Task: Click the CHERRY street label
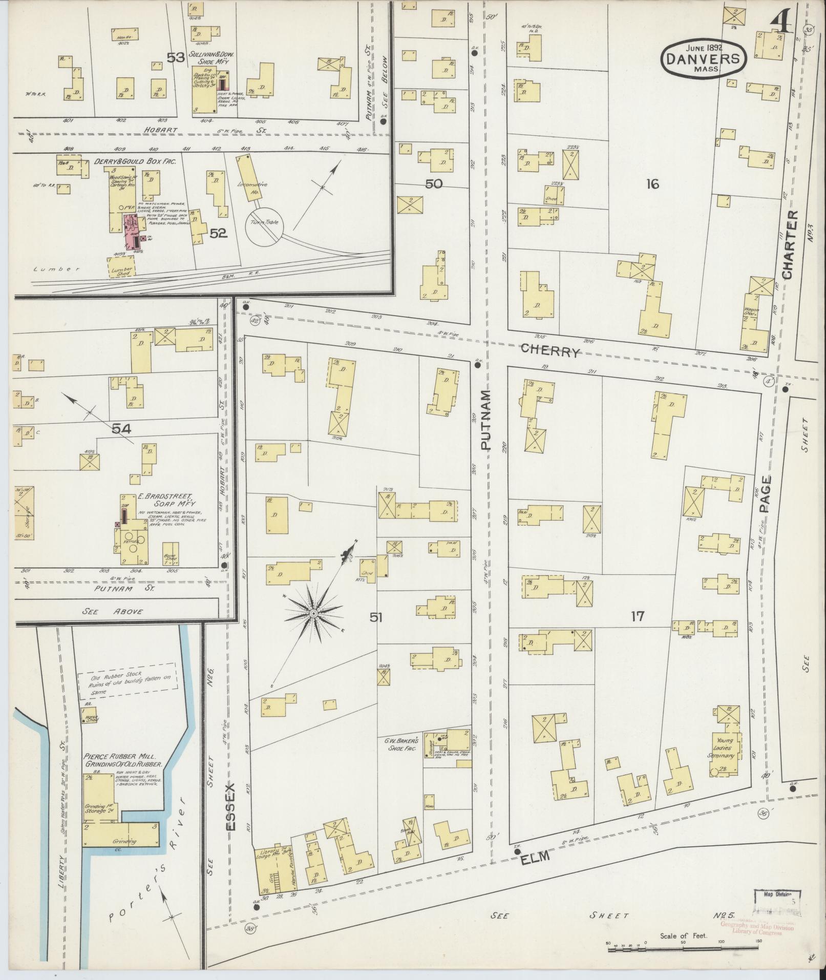click(x=551, y=351)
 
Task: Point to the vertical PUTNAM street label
click(x=485, y=420)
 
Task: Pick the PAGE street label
click(x=766, y=494)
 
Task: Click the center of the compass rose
click(x=313, y=613)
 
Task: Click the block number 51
click(x=376, y=617)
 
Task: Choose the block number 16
click(x=652, y=184)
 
